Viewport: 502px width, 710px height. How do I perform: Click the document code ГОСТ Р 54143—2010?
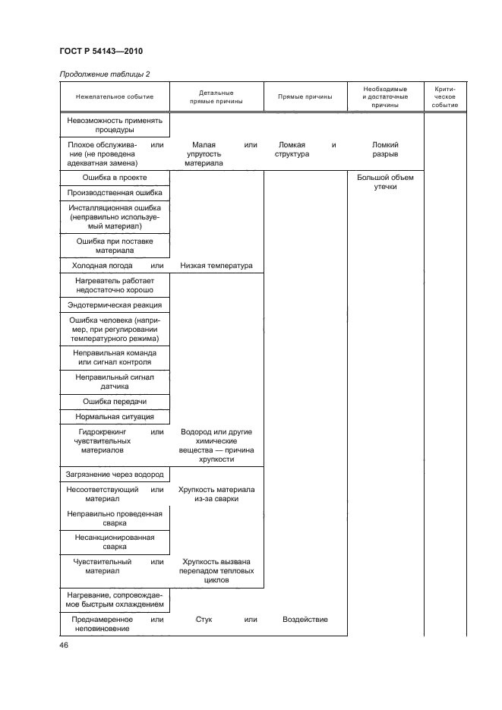pos(100,52)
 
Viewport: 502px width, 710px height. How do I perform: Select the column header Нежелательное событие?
pos(115,96)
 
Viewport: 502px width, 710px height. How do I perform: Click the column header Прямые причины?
pos(305,96)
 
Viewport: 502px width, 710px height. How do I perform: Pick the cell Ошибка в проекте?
pos(115,177)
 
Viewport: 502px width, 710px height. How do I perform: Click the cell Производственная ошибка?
pos(115,193)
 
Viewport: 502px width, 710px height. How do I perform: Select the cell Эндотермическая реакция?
pos(115,305)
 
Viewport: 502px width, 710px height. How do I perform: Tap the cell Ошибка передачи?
pos(115,401)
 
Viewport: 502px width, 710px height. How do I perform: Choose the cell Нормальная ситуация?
pos(115,417)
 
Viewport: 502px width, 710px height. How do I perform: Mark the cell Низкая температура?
pos(216,265)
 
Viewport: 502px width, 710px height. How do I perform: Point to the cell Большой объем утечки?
pos(385,181)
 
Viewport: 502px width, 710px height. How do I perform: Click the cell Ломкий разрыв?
pos(385,149)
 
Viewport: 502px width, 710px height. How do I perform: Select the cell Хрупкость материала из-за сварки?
pos(216,494)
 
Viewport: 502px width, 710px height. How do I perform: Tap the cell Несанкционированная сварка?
pos(115,541)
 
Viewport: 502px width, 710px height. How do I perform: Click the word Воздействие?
pos(305,620)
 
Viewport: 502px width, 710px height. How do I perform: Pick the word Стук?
pos(204,620)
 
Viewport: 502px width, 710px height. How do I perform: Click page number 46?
pos(64,645)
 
